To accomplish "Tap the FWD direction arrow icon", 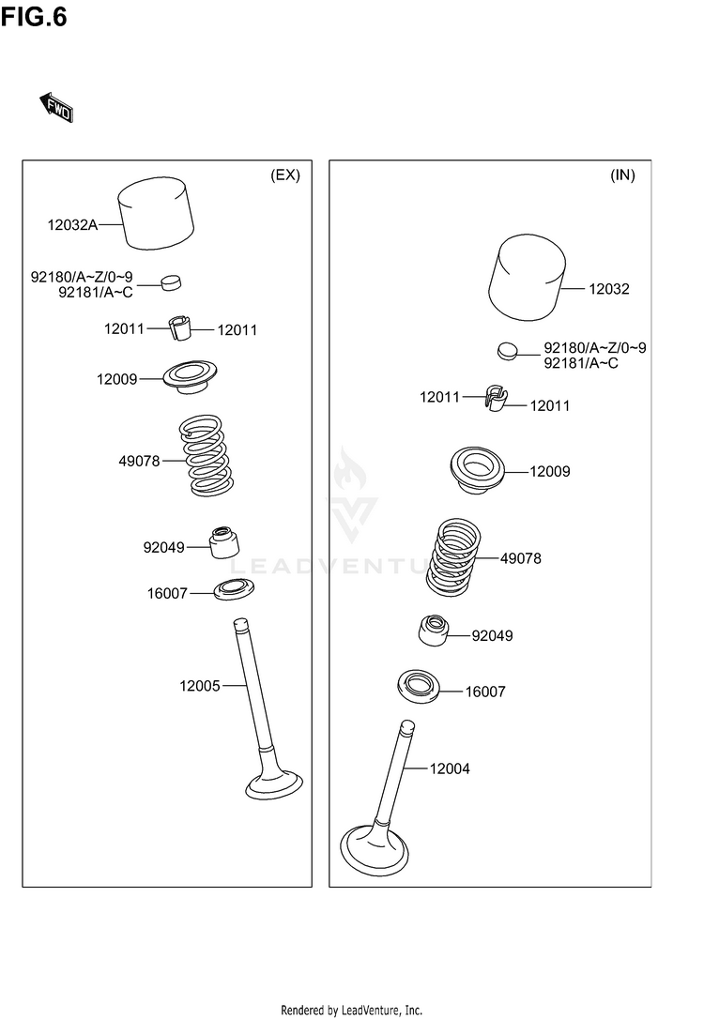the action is [x=56, y=108].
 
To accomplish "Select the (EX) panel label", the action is [x=284, y=175].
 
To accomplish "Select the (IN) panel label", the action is [x=622, y=175].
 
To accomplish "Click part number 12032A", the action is [x=72, y=224].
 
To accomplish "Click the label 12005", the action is [x=199, y=686].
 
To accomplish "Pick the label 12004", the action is [x=450, y=769].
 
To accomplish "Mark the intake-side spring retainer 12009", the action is [x=480, y=467].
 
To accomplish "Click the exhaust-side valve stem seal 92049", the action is [x=222, y=542].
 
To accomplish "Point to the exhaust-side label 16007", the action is [x=166, y=594].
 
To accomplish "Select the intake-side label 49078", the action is [x=520, y=558].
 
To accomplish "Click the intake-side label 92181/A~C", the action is [x=581, y=363].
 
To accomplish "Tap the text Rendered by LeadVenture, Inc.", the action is [x=352, y=1010].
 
